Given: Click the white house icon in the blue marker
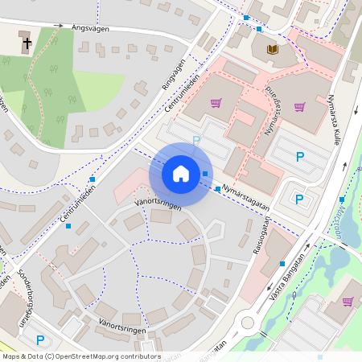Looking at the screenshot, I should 181,173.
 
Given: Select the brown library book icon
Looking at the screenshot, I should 270,50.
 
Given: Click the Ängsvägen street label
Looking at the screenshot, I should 93,28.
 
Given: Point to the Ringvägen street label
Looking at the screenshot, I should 173,75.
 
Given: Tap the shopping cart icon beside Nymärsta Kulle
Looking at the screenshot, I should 299,106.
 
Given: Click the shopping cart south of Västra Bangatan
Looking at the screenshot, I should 348,302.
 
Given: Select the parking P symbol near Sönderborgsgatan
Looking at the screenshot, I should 39,340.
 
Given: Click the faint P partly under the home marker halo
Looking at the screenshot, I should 195,142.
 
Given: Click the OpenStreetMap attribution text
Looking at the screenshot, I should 80,356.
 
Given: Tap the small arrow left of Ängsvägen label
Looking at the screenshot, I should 58,26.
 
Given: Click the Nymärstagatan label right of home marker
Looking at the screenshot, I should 245,198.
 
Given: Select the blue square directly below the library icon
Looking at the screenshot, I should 259,30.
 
